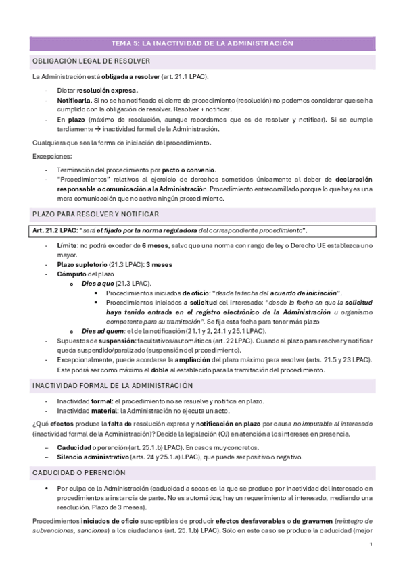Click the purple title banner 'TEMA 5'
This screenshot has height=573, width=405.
202,43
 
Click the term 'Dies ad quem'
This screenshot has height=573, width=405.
102,331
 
